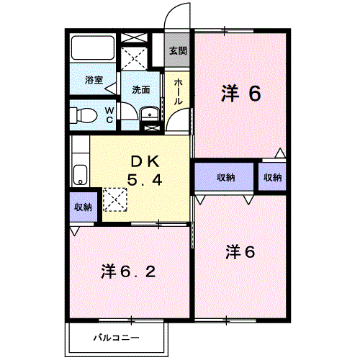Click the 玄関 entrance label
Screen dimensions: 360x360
(x=179, y=51)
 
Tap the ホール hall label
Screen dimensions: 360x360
(x=178, y=91)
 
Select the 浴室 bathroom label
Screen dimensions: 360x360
(x=94, y=80)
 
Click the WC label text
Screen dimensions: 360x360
(x=109, y=115)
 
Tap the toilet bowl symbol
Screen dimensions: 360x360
(x=85, y=114)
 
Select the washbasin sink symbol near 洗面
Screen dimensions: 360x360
(x=150, y=114)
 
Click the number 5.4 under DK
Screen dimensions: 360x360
(x=145, y=180)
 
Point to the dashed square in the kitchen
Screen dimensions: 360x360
(x=113, y=199)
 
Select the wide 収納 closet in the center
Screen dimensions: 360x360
(x=224, y=176)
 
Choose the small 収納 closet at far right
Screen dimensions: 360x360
(x=272, y=177)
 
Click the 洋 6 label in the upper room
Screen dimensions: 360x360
(x=240, y=93)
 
